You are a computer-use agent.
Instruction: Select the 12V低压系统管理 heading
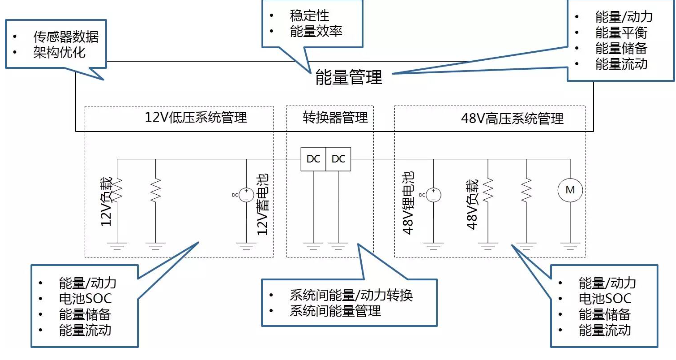tap(196, 118)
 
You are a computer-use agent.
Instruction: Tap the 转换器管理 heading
tap(335, 118)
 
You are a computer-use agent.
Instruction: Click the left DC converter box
tap(314, 159)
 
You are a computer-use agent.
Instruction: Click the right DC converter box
tap(339, 159)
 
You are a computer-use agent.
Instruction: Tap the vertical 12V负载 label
tap(107, 200)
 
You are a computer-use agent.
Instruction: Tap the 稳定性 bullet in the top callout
tap(304, 15)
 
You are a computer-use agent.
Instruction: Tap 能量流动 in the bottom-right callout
tap(606, 330)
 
